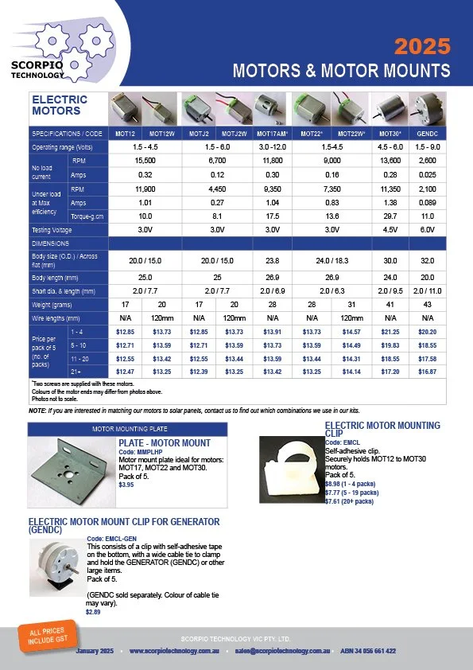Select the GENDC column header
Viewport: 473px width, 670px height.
428,133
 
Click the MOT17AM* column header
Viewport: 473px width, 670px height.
273,133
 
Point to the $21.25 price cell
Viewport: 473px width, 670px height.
390,331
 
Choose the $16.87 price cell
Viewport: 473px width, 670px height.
428,372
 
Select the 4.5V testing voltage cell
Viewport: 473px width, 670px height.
390,229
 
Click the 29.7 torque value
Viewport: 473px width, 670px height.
390,216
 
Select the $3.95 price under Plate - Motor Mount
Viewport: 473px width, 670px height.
126,485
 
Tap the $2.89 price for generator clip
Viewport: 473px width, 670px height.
94,611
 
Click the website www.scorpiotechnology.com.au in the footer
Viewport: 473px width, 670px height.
174,651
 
